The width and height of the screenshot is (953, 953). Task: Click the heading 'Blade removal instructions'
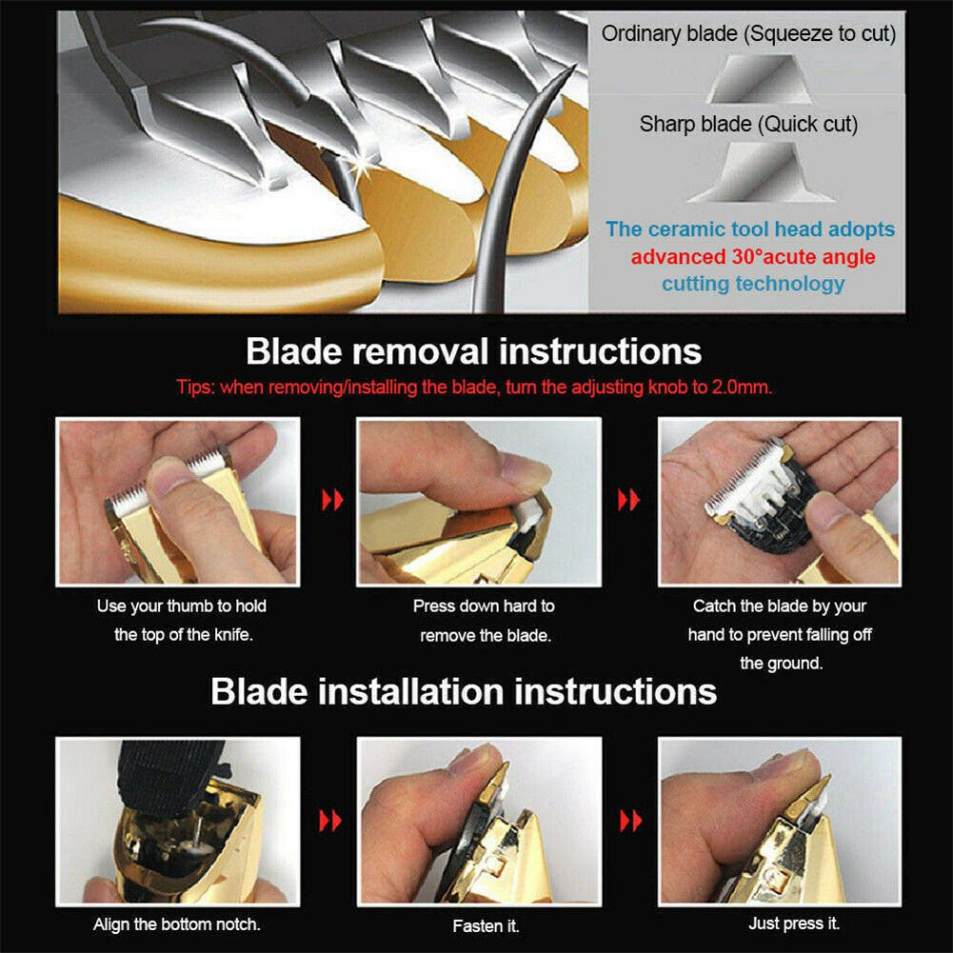click(x=473, y=352)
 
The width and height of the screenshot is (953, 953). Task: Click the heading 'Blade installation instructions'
click(x=464, y=691)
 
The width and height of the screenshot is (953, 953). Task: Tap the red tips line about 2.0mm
click(x=474, y=387)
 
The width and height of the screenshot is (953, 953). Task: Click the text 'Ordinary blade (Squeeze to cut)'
click(x=748, y=34)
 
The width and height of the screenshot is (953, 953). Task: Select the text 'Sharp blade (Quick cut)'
click(x=748, y=125)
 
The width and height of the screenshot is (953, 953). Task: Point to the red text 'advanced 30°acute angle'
click(x=753, y=256)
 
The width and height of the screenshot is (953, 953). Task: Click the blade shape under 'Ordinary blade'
click(x=757, y=79)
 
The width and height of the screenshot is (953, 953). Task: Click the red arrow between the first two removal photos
click(x=332, y=500)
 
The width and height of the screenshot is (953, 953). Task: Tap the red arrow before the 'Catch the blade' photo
click(x=628, y=500)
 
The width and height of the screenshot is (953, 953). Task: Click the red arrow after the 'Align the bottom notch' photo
click(x=330, y=821)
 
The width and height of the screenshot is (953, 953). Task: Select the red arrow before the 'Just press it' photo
click(x=630, y=821)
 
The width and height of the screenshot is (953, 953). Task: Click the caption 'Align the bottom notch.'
click(x=177, y=924)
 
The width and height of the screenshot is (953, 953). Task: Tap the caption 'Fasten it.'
click(x=486, y=925)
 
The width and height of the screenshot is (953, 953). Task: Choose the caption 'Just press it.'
click(x=794, y=923)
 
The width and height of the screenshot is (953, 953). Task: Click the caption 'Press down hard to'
click(x=484, y=606)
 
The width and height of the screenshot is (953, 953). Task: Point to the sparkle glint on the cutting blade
click(x=363, y=163)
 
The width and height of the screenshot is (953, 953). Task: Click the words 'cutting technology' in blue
click(x=753, y=283)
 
